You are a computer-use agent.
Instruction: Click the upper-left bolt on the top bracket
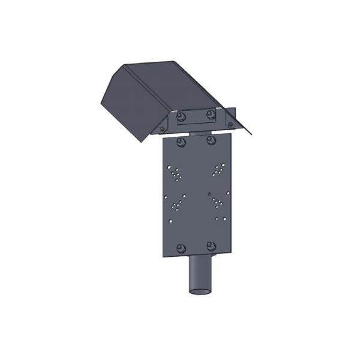[x=181, y=115]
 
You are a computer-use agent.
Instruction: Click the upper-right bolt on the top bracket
[x=210, y=114]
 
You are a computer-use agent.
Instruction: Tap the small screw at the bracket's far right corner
[x=230, y=124]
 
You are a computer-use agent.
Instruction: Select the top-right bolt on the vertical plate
[x=211, y=140]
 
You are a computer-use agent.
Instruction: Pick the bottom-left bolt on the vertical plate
[x=181, y=248]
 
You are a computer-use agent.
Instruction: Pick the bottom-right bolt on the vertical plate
[x=211, y=247]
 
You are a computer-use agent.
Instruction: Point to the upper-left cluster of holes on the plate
[x=176, y=173]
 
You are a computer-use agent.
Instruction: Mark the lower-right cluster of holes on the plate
[x=218, y=203]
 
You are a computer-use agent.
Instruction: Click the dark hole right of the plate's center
[x=208, y=194]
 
